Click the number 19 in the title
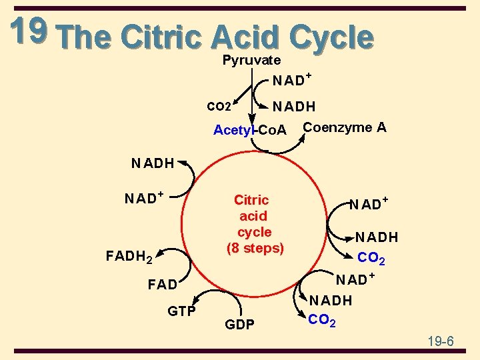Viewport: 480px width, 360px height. pyautogui.click(x=28, y=31)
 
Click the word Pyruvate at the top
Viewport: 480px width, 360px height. pyautogui.click(x=251, y=60)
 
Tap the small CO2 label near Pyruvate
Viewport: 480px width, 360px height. pyautogui.click(x=219, y=106)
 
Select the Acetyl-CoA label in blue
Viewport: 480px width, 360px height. pyautogui.click(x=249, y=130)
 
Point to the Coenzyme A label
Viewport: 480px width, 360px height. pyautogui.click(x=344, y=127)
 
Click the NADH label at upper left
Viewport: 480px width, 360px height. pyautogui.click(x=152, y=163)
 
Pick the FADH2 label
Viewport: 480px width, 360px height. pyautogui.click(x=130, y=255)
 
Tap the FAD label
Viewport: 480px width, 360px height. pyautogui.click(x=162, y=285)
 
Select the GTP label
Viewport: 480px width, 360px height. pyautogui.click(x=181, y=311)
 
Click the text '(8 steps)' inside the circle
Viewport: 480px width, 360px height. pyautogui.click(x=255, y=248)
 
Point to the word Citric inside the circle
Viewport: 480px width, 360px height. pyautogui.click(x=251, y=200)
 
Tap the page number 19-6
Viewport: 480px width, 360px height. pyautogui.click(x=440, y=341)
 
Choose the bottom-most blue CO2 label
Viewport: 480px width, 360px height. pyautogui.click(x=322, y=321)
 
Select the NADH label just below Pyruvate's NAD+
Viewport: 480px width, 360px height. pyautogui.click(x=293, y=106)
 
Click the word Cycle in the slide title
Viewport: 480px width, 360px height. pyautogui.click(x=327, y=37)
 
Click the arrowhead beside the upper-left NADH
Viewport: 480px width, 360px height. pyautogui.click(x=182, y=163)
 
